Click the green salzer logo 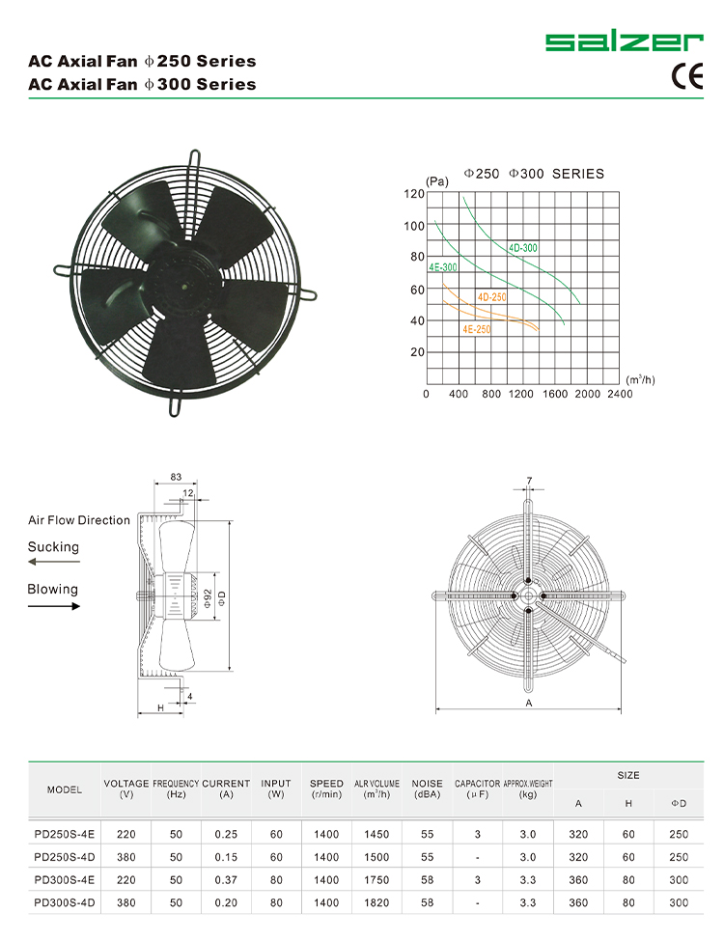[x=624, y=42]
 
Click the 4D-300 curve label [x=523, y=248]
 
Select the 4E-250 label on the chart [x=476, y=329]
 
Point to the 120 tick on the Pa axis [x=413, y=194]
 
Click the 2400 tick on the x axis [x=620, y=394]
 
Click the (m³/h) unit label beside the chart [x=640, y=379]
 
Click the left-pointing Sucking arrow [x=53, y=561]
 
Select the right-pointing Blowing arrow [x=53, y=606]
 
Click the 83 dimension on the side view [x=177, y=478]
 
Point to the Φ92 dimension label [x=206, y=599]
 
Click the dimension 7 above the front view [x=529, y=481]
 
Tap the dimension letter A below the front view [x=529, y=704]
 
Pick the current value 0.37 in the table [x=226, y=879]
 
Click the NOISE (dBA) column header [x=427, y=789]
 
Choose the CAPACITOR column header [x=477, y=789]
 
